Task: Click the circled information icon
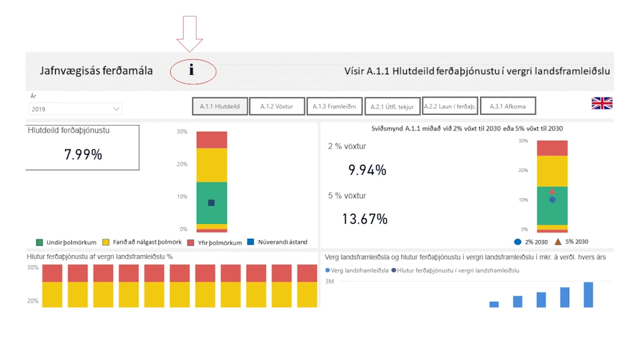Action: pos(191,70)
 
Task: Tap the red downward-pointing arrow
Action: pos(190,34)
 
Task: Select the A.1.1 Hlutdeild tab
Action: pos(219,106)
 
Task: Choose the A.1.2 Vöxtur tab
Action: pos(277,106)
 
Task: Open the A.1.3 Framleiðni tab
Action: pos(334,106)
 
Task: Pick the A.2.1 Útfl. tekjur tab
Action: pos(392,106)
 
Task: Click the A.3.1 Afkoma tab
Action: pos(507,106)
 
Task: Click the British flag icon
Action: pos(602,103)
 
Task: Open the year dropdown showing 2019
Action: pos(76,109)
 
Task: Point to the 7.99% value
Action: pos(83,154)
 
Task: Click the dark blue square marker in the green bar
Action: pos(211,203)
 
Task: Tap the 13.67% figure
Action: pos(364,219)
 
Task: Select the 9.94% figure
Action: pos(367,170)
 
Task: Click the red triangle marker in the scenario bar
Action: pos(552,191)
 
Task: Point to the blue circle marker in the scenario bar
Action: pos(552,199)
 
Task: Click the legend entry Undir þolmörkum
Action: pos(66,242)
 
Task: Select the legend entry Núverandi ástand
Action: pos(277,242)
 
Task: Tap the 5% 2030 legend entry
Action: pos(571,242)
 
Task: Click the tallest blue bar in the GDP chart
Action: pos(588,295)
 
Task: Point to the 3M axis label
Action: pos(329,281)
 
